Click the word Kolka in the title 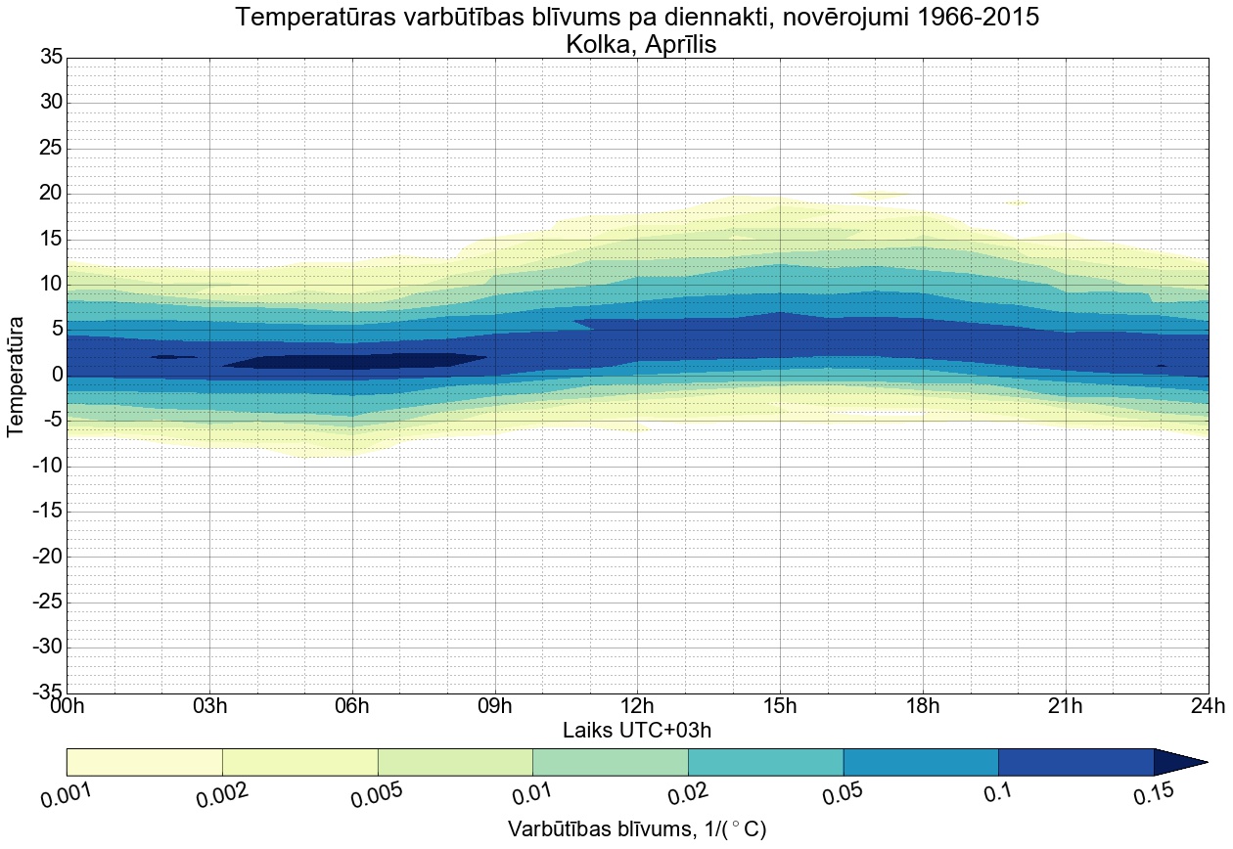[x=598, y=44]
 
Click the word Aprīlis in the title [x=676, y=44]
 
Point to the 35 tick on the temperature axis [x=51, y=58]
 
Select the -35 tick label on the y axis [x=46, y=693]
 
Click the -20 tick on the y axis [x=46, y=558]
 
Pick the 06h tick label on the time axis [x=352, y=707]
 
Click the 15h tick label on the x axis [x=780, y=707]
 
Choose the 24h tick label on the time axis [x=1208, y=707]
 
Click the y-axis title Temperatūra [x=17, y=376]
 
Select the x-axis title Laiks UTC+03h [x=637, y=731]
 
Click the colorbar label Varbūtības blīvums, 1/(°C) [x=637, y=829]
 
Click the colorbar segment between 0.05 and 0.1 [x=920, y=762]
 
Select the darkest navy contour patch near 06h [x=352, y=361]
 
